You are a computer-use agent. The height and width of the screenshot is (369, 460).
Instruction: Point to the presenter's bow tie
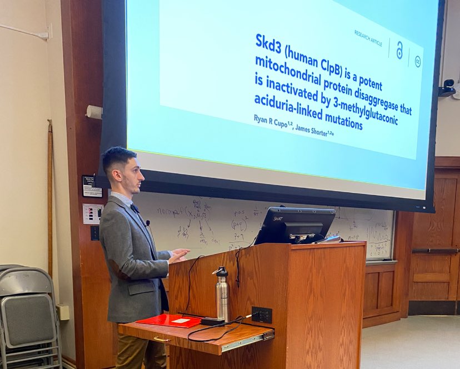135,208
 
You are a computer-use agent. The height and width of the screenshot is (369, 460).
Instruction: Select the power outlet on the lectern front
261,315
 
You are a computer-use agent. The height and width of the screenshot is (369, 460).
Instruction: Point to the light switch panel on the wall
92,213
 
